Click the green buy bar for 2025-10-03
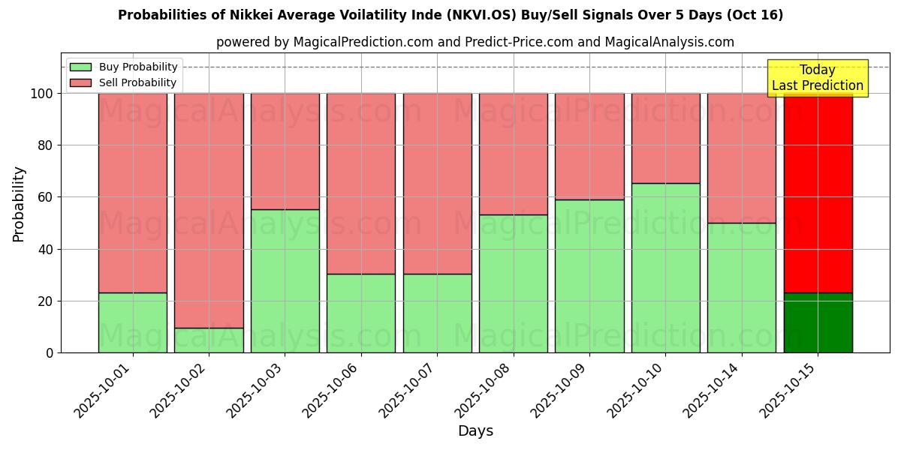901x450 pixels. (x=285, y=280)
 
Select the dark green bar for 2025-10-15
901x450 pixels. (x=818, y=322)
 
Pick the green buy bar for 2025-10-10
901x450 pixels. (x=665, y=268)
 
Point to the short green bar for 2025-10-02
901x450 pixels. (x=209, y=340)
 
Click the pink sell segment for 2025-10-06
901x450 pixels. (x=360, y=183)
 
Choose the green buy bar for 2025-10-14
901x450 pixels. (x=741, y=287)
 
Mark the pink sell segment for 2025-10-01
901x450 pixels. (x=133, y=193)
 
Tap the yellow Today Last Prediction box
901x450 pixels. (x=818, y=78)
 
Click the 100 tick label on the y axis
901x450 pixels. (x=42, y=94)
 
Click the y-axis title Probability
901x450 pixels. (x=19, y=203)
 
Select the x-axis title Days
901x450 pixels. (x=475, y=431)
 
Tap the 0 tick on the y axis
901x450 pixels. (x=50, y=352)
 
